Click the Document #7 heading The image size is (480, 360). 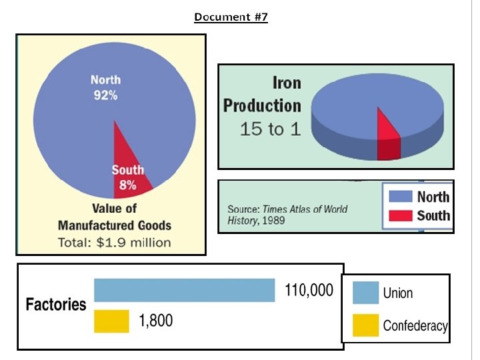click(231, 17)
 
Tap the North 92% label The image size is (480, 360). click(105, 87)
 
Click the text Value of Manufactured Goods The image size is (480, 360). click(115, 217)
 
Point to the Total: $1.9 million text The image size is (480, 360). click(115, 243)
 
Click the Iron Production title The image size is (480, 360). click(263, 94)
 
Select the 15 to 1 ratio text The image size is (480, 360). click(270, 129)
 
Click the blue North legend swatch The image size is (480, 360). click(401, 196)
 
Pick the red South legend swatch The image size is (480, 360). click(401, 215)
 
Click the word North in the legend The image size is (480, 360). click(433, 197)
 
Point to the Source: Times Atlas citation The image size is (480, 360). click(287, 215)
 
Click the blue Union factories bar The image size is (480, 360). click(184, 290)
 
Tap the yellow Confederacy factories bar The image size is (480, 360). click(111, 321)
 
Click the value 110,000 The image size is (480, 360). click(309, 290)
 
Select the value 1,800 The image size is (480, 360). click(156, 321)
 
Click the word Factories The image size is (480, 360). click(56, 304)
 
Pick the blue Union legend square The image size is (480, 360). click(365, 293)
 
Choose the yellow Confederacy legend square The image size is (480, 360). click(365, 325)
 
